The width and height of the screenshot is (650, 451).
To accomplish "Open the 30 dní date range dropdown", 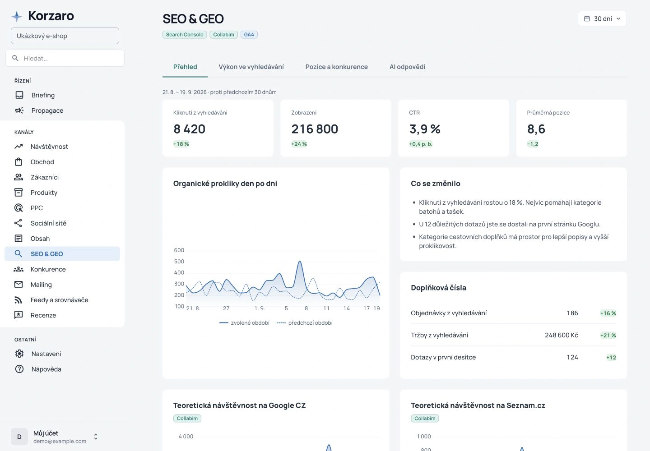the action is click(x=602, y=18).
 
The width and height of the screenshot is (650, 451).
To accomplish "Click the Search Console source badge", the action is click(x=185, y=34).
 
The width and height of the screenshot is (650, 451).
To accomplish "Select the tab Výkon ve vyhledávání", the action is click(x=251, y=67).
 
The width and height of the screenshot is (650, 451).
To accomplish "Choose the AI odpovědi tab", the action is click(x=407, y=67).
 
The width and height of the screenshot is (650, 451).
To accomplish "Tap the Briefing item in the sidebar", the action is click(x=43, y=95).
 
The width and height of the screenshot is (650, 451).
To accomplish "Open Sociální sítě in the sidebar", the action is click(x=48, y=223).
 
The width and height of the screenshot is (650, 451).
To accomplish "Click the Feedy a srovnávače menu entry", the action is click(x=60, y=300).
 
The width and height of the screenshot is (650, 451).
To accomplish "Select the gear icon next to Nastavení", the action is click(x=19, y=354).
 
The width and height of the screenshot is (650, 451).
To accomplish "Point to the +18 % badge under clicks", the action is click(x=181, y=144).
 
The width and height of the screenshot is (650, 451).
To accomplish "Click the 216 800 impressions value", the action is click(x=315, y=129).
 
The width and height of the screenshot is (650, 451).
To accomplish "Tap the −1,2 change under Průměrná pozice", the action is click(x=533, y=144).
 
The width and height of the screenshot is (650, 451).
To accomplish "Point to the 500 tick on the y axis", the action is click(x=179, y=262).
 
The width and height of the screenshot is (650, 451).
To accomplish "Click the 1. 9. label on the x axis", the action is click(x=260, y=308).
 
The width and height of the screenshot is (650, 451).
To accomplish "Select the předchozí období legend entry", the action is click(x=304, y=322).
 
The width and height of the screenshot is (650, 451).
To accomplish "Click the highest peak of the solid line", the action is click(x=299, y=262).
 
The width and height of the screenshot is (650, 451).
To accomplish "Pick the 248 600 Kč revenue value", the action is click(x=562, y=335).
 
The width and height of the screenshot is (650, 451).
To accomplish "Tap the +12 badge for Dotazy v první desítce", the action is click(x=611, y=357).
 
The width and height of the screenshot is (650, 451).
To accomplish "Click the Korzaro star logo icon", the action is click(x=17, y=16).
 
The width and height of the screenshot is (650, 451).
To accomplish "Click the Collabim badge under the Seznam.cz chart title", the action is click(x=425, y=418).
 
